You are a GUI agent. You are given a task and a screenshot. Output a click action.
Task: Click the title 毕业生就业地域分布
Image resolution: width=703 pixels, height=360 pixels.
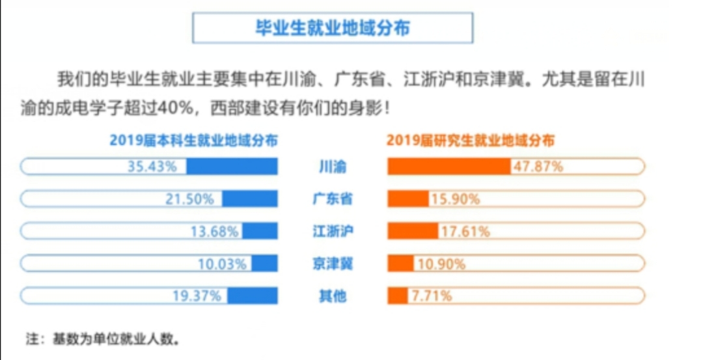point(333,28)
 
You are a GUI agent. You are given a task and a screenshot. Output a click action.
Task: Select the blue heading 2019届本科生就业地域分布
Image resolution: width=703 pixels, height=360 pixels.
point(193,140)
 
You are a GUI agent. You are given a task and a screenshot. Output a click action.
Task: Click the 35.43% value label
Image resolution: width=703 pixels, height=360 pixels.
point(152,167)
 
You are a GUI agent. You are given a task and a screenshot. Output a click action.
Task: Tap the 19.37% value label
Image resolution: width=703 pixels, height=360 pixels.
point(197,296)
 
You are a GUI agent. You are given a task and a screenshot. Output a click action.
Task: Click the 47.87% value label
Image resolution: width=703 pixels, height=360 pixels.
point(538,167)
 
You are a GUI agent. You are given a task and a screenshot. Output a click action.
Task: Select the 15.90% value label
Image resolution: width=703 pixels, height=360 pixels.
point(454,199)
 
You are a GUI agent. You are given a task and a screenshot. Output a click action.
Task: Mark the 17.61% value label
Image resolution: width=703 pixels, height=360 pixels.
point(464,231)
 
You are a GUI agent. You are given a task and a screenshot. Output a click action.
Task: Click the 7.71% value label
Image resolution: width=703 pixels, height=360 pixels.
point(430,296)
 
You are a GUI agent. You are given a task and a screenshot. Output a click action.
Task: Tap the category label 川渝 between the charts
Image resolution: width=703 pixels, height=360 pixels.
point(333,167)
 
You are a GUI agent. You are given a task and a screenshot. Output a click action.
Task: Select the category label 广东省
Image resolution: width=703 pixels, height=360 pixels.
point(333,199)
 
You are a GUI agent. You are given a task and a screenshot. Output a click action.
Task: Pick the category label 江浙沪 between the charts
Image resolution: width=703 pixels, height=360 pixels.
point(333,231)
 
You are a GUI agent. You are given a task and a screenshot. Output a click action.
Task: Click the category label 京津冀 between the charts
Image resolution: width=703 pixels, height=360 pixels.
point(333,264)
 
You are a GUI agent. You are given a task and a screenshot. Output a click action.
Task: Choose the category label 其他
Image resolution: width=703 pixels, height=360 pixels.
point(333,296)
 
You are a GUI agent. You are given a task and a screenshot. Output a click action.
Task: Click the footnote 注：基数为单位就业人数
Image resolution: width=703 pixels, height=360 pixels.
point(102,339)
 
